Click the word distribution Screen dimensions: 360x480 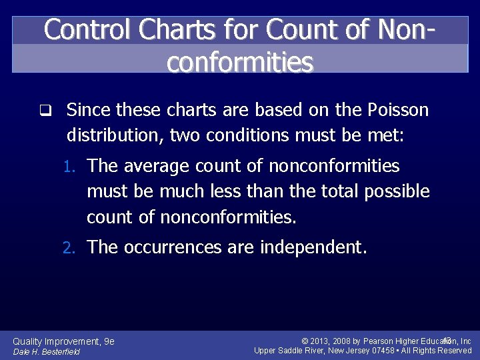click(x=114, y=135)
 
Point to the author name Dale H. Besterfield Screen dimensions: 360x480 click(x=47, y=351)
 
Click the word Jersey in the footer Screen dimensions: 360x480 click(x=351, y=351)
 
